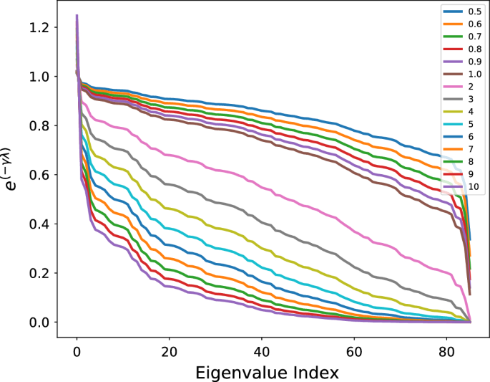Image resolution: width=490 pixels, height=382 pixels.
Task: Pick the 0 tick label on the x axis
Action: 77,351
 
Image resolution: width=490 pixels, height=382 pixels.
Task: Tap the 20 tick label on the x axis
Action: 170,351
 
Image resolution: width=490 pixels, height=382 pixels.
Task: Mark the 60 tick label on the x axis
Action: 355,351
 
